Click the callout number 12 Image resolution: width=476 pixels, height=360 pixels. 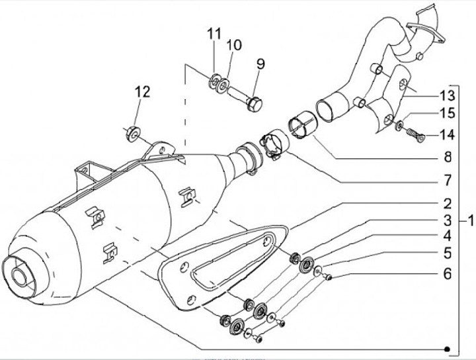point(143,92)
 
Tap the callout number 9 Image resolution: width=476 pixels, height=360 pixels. point(260,64)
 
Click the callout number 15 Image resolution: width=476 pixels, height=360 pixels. point(448,113)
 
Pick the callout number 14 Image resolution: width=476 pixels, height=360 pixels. point(448,136)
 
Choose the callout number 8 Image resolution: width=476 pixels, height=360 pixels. point(448,158)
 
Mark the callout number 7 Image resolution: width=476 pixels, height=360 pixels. point(448,180)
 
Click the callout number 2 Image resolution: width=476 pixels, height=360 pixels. point(448,203)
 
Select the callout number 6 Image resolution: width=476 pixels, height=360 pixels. point(448,273)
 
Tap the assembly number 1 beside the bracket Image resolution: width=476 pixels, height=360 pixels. point(470,220)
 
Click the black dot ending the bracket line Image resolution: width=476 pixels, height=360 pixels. point(448,349)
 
